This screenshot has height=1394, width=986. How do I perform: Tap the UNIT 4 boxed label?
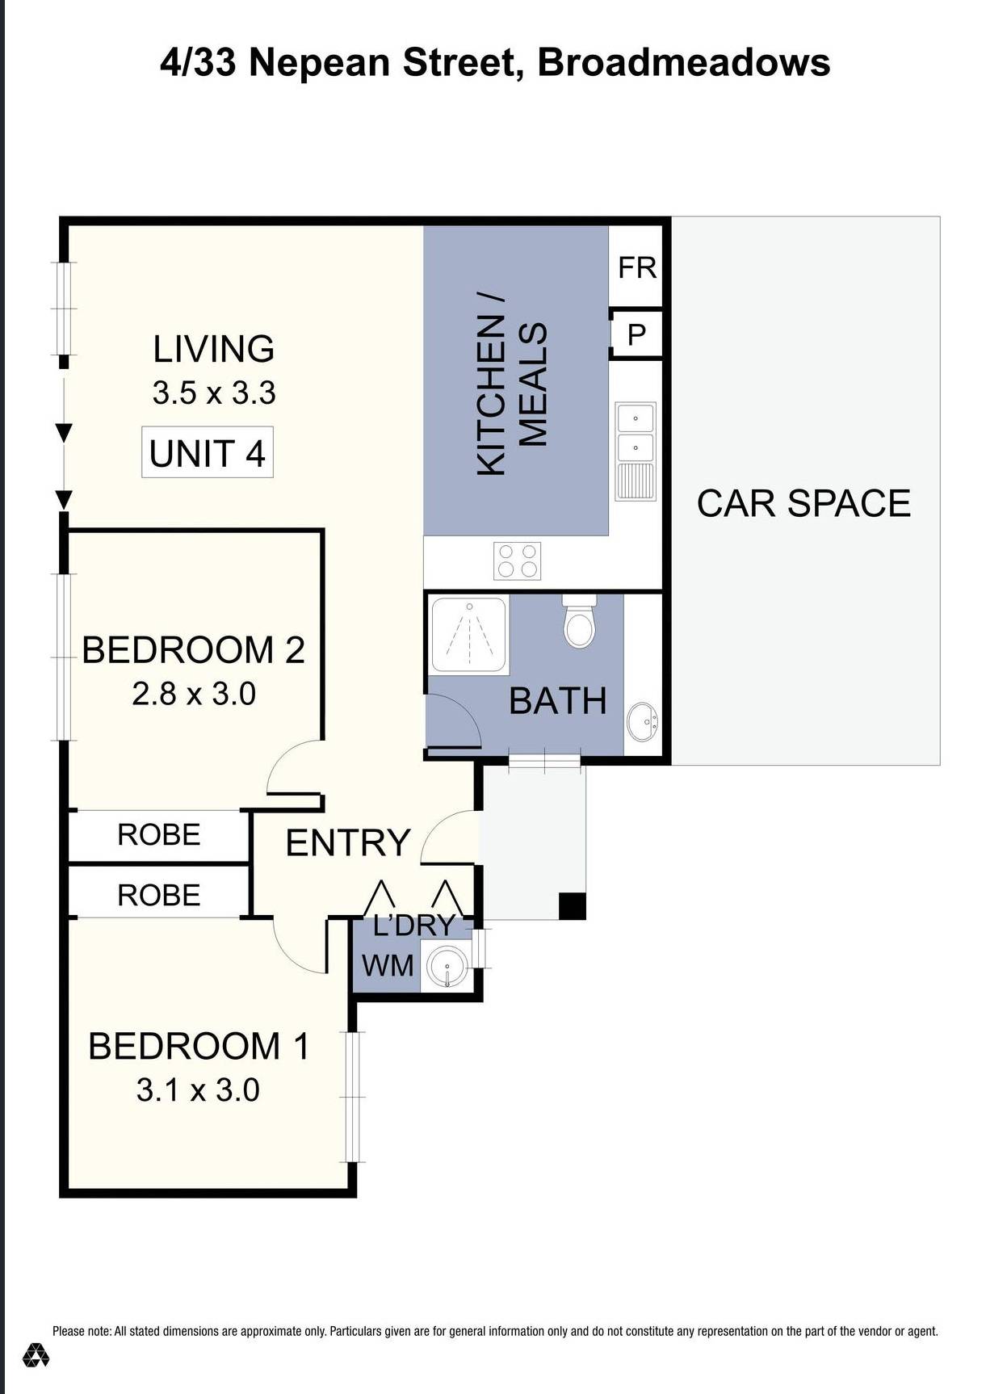[x=208, y=453]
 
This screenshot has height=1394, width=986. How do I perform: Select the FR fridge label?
[x=637, y=267]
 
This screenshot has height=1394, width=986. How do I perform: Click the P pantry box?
[x=636, y=334]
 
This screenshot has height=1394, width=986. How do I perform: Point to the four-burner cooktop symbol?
[x=518, y=561]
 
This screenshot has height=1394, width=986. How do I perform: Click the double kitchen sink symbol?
[x=636, y=433]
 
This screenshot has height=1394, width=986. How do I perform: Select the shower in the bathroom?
[x=468, y=635]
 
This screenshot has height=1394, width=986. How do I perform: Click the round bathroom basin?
[x=643, y=720]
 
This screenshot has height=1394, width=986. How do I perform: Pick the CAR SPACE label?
[x=803, y=503]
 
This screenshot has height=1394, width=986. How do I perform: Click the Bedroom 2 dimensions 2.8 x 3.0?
[x=194, y=694]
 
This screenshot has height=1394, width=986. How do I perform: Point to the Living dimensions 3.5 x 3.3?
[x=214, y=393]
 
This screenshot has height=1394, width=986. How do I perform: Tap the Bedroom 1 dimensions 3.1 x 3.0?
[x=198, y=1090]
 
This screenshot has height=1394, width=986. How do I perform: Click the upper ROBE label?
[x=159, y=834]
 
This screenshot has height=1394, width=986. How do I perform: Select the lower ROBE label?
[x=159, y=895]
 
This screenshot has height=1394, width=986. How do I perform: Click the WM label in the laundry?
[x=388, y=965]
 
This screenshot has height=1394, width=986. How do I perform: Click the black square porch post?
[x=573, y=905]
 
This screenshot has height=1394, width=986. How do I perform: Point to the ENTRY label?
[x=348, y=842]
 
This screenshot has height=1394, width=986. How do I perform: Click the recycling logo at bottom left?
[x=36, y=1354]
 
